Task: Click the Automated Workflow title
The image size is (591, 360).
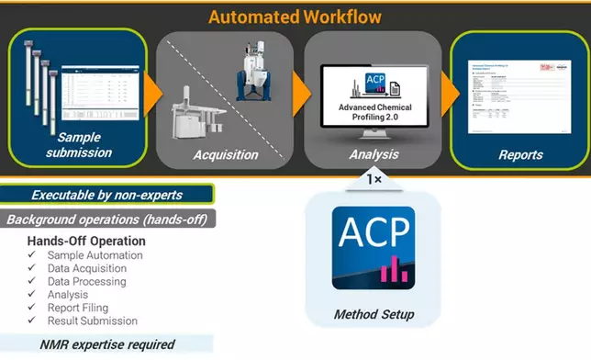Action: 295,16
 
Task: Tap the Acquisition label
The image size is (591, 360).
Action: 226,154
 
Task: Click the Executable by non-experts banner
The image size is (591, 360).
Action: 108,195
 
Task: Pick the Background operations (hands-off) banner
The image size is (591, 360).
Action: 108,219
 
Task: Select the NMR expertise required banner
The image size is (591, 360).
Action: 108,344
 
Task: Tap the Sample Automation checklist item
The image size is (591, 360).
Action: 96,255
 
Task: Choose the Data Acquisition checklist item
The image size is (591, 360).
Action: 90,268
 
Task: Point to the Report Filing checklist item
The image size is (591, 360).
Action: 83,309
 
